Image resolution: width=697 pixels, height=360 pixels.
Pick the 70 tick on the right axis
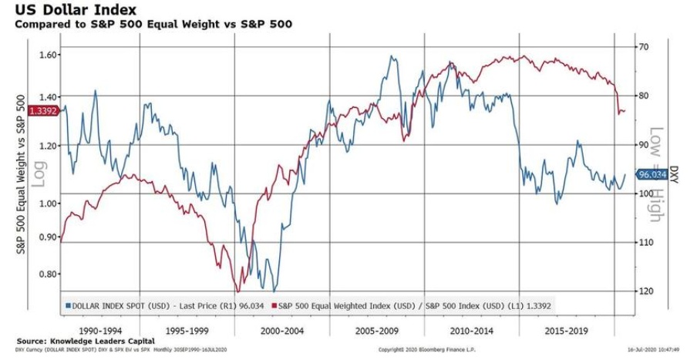point(641,47)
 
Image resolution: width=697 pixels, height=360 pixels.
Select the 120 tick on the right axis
point(643,291)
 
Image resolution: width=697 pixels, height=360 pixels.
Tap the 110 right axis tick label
point(643,242)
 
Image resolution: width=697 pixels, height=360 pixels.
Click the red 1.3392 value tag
point(42,111)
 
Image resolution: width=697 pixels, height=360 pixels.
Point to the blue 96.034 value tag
point(652,175)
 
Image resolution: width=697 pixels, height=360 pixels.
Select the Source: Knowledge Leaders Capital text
point(85,341)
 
